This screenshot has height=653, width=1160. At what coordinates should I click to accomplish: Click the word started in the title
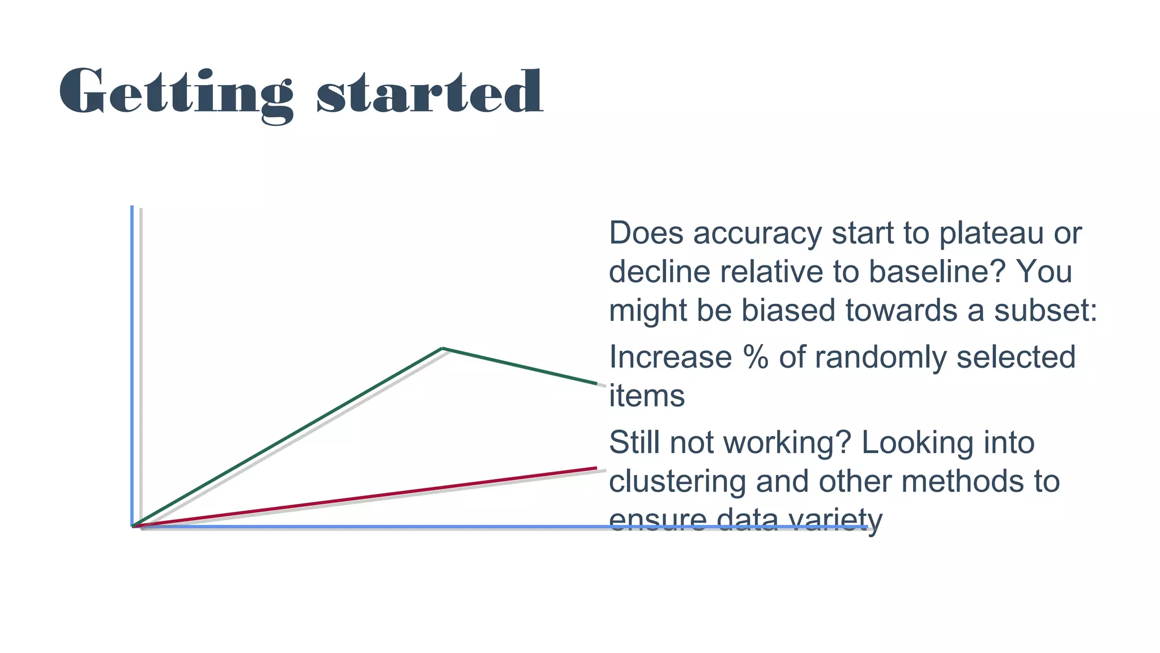[x=430, y=92]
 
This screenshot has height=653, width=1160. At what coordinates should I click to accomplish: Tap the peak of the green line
[x=442, y=348]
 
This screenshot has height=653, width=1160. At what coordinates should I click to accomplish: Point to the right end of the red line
[x=596, y=468]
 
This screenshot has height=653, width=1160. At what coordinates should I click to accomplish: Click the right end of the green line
[x=597, y=384]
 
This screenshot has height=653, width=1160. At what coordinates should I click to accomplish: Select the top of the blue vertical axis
[x=132, y=207]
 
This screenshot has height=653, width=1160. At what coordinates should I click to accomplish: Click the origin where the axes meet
[x=133, y=527]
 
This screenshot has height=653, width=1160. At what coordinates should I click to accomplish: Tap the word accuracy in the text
[x=757, y=233]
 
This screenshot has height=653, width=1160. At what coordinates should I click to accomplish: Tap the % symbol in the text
[x=756, y=357]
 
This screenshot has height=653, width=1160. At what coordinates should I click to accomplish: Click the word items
[x=647, y=396]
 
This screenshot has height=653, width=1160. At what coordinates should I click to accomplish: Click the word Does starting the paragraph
[x=646, y=233]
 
